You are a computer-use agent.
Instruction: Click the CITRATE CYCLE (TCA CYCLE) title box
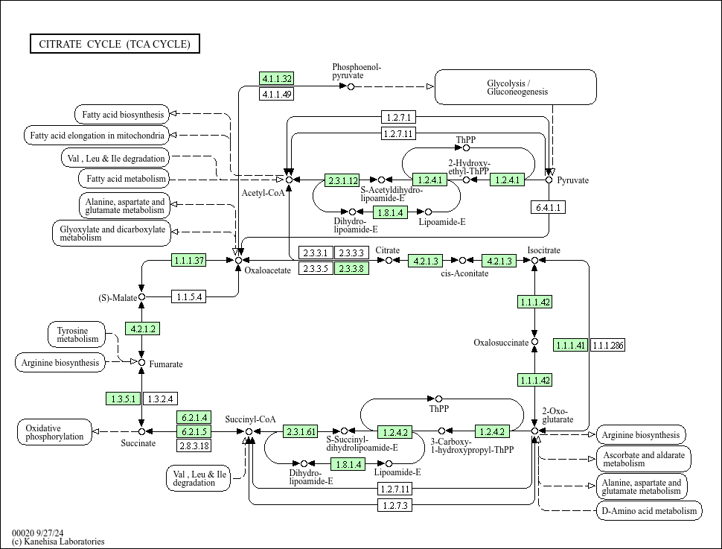(115, 44)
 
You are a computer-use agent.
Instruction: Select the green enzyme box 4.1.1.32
(277, 78)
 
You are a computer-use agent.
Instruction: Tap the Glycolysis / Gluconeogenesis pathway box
(516, 87)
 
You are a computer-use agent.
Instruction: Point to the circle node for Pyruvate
(549, 180)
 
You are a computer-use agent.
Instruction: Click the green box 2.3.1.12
(342, 180)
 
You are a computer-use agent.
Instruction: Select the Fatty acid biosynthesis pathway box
(122, 115)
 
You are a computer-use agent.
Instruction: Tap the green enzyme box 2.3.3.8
(351, 268)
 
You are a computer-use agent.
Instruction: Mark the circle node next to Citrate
(389, 261)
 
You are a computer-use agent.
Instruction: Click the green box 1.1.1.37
(188, 261)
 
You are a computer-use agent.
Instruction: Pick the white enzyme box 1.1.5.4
(188, 297)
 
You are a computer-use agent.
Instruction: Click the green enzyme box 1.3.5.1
(124, 399)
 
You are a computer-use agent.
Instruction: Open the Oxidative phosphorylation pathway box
(54, 432)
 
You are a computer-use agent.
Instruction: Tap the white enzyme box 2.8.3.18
(194, 445)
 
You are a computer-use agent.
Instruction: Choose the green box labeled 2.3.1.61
(301, 431)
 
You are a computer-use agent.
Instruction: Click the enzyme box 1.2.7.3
(395, 505)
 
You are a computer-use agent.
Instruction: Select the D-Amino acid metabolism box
(648, 510)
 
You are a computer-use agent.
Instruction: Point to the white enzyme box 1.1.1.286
(608, 345)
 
